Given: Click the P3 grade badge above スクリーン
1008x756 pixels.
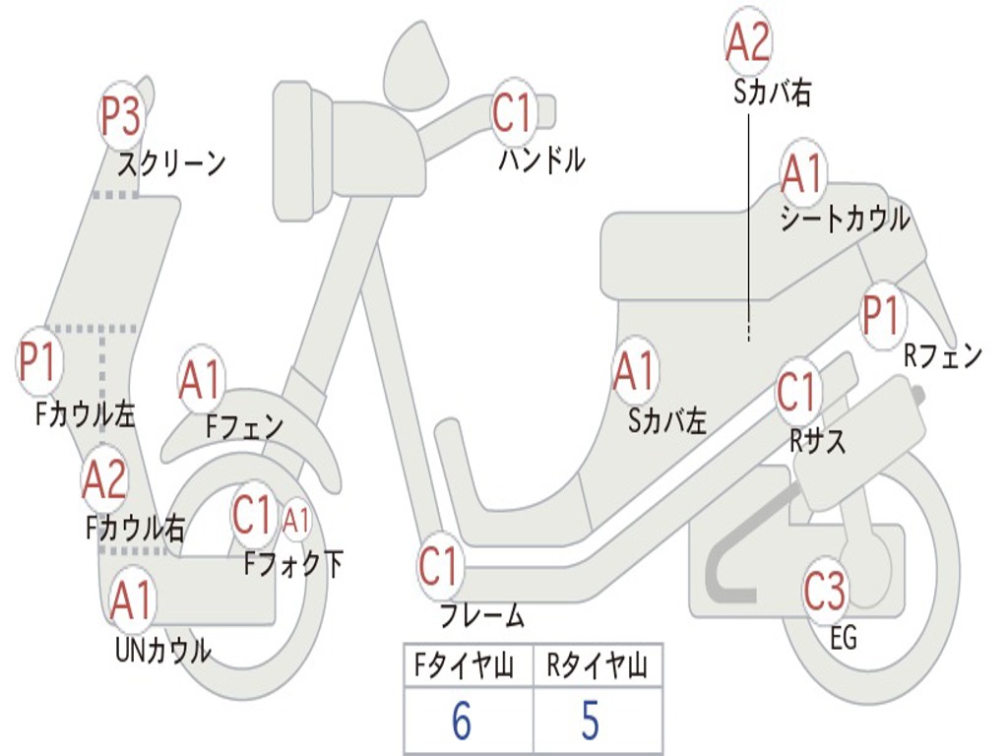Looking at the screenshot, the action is tap(122, 116).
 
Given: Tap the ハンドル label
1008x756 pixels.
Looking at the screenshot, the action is tap(540, 158).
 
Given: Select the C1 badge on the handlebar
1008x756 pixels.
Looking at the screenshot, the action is tap(512, 113).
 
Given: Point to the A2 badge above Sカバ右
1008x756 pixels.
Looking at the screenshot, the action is tap(747, 41).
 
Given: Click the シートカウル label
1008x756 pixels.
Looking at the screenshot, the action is tap(845, 219).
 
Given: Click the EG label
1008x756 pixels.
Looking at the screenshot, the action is tap(844, 638).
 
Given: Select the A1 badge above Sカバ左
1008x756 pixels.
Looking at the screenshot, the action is tap(634, 372).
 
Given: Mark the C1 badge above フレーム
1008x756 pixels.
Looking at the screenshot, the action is tap(440, 567).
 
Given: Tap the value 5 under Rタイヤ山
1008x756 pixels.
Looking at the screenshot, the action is tap(590, 722).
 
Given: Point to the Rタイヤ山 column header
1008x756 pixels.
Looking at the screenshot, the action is tap(598, 668).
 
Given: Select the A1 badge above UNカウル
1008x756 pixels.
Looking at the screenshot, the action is tap(131, 600).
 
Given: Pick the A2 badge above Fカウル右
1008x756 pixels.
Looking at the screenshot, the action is tap(104, 479).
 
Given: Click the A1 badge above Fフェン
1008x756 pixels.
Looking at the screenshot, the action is tap(201, 380).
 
